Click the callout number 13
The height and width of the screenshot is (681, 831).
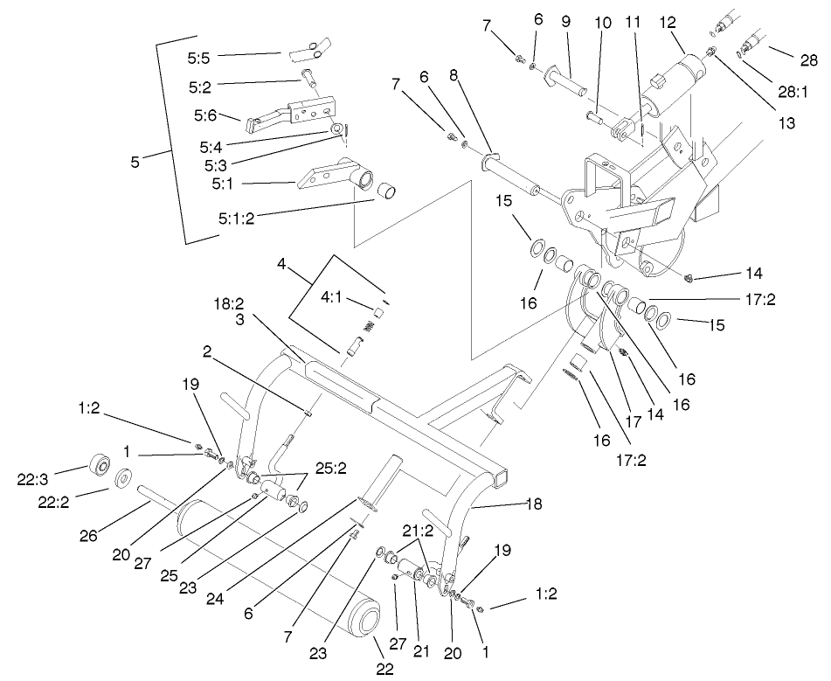click(789, 123)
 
